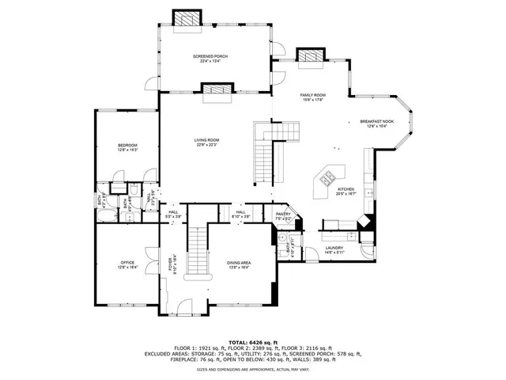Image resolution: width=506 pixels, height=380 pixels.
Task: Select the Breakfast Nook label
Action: point(376,122)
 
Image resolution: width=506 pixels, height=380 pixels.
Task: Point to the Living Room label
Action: point(207,140)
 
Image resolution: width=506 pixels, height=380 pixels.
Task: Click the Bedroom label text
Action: point(128,146)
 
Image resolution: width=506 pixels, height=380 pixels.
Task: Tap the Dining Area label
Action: point(239,264)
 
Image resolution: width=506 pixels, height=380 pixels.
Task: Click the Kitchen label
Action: point(346,189)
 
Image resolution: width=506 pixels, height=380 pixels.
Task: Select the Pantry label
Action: point(284,214)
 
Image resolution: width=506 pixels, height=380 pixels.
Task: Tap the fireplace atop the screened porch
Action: point(188,18)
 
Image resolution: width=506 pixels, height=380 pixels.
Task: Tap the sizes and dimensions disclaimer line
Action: point(252,369)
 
